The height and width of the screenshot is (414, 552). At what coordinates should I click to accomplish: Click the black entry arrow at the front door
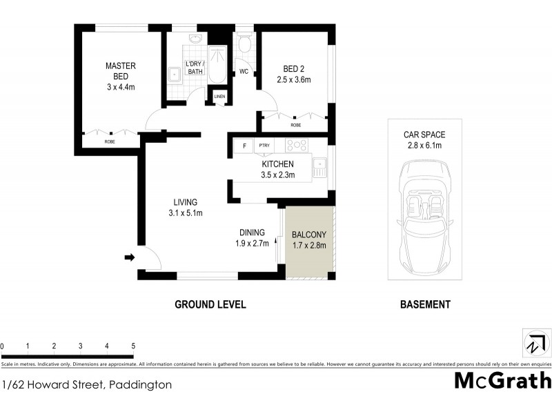click(x=128, y=258)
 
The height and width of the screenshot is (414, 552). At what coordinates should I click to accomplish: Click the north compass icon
click(x=535, y=343)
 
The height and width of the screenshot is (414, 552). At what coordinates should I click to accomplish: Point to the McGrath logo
click(x=502, y=380)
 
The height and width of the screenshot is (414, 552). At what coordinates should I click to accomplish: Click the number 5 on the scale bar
click(x=132, y=346)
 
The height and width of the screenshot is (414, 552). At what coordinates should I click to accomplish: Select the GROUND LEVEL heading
click(x=210, y=304)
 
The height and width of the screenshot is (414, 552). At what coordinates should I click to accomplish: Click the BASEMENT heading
click(x=425, y=304)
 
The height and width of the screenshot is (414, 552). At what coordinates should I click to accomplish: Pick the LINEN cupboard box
click(x=219, y=96)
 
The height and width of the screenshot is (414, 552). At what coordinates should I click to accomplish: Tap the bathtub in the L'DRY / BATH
click(x=217, y=66)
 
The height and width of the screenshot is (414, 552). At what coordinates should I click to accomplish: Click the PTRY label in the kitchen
click(x=264, y=146)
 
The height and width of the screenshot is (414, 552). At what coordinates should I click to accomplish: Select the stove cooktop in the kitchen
click(x=297, y=146)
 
